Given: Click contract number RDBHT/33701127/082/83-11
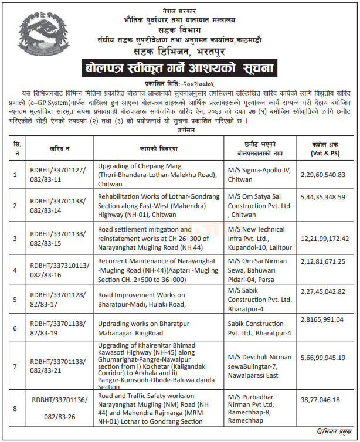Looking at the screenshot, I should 57,174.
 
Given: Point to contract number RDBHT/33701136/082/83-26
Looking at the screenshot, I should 57,409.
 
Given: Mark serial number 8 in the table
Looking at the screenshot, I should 15,409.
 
